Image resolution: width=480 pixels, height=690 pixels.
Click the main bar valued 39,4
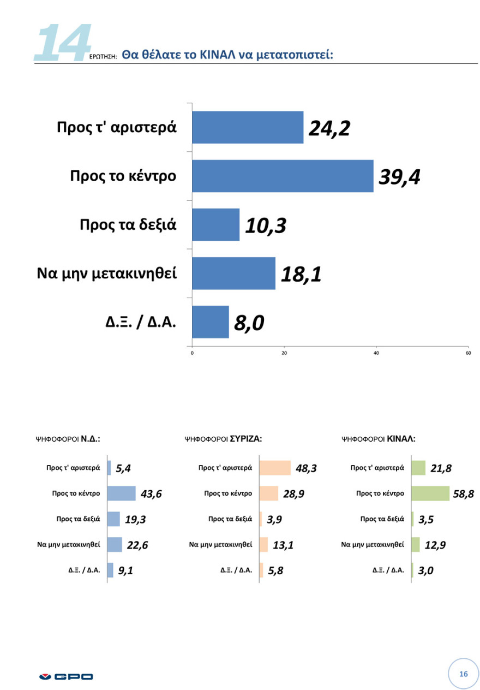[283, 176]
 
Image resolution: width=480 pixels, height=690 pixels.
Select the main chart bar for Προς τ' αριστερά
[248, 127]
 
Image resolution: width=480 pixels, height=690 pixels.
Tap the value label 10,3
[265, 225]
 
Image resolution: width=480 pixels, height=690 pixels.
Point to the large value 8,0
[249, 323]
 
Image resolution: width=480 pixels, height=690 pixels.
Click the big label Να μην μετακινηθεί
[107, 272]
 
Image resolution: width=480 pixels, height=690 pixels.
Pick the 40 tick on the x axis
[376, 353]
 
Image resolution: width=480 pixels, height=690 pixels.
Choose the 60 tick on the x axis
[468, 353]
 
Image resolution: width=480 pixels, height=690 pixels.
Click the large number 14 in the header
[61, 42]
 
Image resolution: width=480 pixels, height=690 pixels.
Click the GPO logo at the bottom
[66, 677]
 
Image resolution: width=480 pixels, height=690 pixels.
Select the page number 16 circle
[464, 674]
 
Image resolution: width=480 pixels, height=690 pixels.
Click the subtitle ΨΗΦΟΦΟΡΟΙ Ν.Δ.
[68, 438]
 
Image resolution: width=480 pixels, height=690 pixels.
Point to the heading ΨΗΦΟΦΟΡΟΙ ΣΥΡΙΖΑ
[224, 438]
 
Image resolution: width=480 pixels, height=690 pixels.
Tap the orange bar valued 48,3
[275, 468]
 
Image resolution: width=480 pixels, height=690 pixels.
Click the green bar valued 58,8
[430, 493]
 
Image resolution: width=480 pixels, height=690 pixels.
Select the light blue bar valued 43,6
[121, 493]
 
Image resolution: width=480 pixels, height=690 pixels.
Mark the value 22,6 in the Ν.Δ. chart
[136, 545]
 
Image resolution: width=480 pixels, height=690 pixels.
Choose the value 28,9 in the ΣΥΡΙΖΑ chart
[293, 494]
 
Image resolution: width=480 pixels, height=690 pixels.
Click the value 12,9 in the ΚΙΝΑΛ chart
[435, 545]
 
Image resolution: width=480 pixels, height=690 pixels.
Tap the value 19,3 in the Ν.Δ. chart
[135, 520]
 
